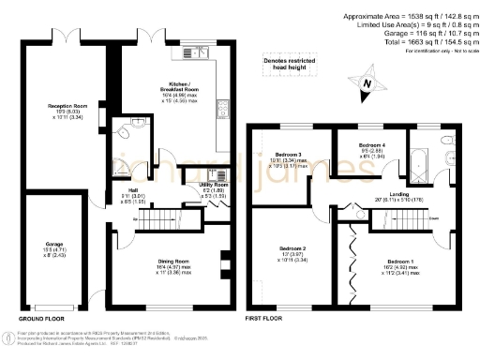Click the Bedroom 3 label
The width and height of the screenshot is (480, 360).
tap(288, 155)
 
